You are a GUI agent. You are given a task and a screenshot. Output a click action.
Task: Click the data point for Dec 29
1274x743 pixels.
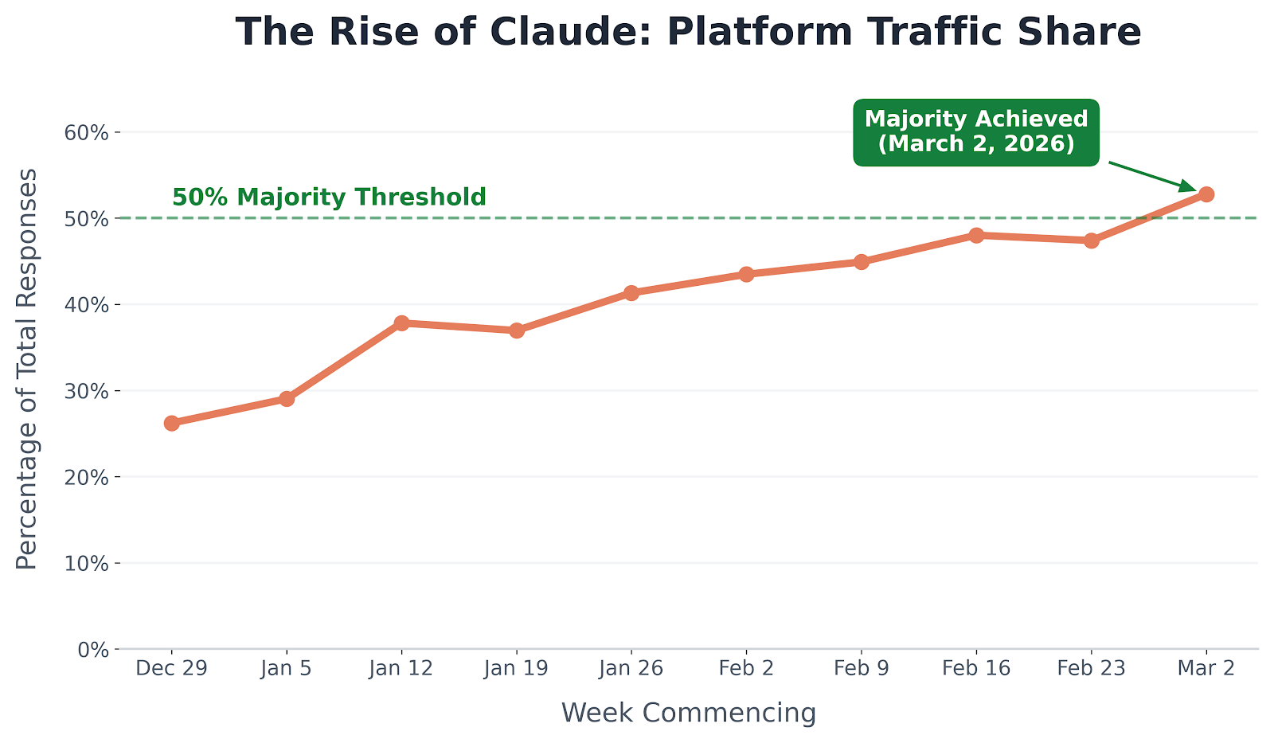[172, 423]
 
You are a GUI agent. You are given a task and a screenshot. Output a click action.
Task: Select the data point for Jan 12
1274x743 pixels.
[401, 323]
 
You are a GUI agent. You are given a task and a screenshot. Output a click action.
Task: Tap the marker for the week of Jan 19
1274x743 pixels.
[517, 330]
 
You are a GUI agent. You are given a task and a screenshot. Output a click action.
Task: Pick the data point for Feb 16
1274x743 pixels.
[976, 235]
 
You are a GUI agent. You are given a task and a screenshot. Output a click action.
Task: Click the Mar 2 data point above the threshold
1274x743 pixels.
[1206, 194]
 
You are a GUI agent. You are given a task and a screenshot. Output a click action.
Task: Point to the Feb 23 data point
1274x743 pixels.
[1092, 240]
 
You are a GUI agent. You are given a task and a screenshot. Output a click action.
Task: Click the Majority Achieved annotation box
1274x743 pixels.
[975, 131]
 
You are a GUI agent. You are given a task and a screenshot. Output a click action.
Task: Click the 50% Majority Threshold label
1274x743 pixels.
[329, 197]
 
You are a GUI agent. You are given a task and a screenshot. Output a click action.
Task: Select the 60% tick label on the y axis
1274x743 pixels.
[86, 132]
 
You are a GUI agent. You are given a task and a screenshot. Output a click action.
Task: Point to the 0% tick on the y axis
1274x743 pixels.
[92, 650]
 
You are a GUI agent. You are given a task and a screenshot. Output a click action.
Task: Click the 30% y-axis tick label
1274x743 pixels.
[86, 391]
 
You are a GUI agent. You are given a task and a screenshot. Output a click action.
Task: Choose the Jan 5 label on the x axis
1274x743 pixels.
[287, 668]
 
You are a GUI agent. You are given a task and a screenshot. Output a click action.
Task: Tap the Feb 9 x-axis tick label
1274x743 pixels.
[861, 668]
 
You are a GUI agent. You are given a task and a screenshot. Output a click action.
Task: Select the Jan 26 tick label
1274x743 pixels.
[631, 668]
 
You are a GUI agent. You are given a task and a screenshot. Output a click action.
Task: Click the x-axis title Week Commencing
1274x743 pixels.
[689, 713]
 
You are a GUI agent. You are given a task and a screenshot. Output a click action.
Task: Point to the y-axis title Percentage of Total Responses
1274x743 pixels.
[27, 369]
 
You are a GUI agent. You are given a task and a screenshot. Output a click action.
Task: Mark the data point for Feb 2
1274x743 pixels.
[746, 274]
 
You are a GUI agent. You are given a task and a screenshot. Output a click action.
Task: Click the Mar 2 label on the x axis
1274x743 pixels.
[1206, 668]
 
